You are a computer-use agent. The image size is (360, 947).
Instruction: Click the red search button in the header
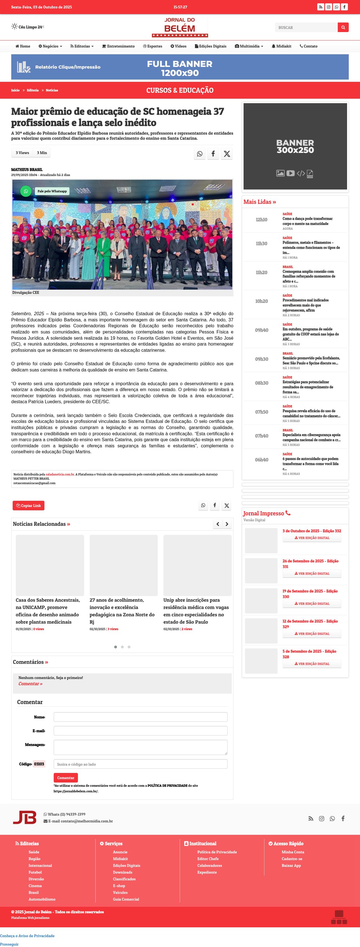point(343,27)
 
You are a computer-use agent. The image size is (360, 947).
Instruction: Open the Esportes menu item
point(153,46)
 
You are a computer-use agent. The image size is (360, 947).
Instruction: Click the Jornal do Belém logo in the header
point(180,27)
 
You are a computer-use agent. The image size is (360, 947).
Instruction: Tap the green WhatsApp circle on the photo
point(26,191)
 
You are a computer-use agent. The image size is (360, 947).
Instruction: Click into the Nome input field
point(140,717)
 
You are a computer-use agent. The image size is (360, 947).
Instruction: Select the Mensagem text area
point(140,747)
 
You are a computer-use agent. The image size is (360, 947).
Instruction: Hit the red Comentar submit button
point(66,777)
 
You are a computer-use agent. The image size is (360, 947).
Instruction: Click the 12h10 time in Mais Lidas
point(262,220)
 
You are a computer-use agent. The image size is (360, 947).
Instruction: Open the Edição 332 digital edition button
point(312,538)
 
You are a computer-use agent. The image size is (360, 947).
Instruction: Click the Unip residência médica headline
point(196,611)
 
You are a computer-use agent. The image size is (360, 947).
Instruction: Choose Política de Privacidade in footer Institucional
point(217,852)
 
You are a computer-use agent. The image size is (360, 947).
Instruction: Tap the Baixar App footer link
point(291,865)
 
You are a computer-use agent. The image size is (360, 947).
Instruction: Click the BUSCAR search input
point(306,28)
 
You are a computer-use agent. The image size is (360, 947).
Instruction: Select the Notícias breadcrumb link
point(52,91)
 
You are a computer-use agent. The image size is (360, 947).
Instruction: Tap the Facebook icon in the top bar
point(344,7)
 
